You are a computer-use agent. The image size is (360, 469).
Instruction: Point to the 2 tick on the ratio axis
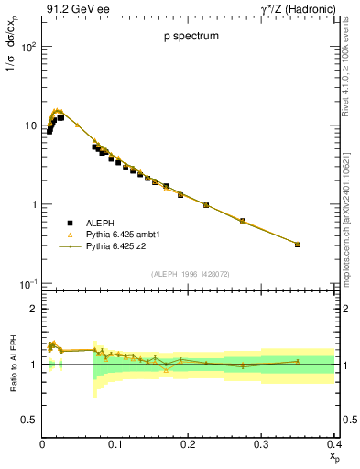pos(31,309)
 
